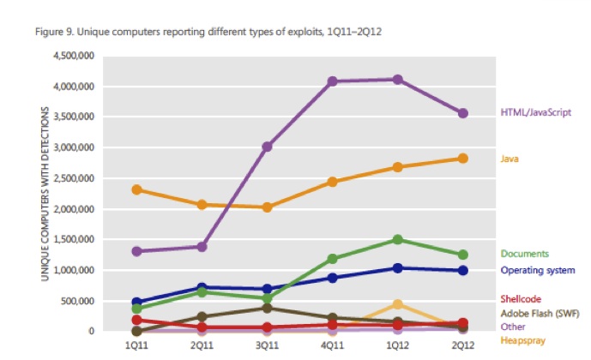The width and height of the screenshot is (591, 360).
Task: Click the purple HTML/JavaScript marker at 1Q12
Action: click(x=397, y=80)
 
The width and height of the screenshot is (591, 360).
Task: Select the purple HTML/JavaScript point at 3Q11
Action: click(x=267, y=147)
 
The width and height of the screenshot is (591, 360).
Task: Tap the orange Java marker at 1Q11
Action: click(x=136, y=189)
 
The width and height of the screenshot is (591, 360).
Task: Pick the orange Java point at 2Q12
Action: click(x=462, y=158)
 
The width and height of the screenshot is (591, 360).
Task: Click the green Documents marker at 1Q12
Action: click(x=397, y=239)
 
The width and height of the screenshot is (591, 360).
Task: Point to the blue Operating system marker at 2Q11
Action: click(x=202, y=288)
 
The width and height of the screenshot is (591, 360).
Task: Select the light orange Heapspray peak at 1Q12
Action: click(x=397, y=304)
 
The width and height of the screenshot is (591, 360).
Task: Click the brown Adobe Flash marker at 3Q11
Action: click(x=267, y=308)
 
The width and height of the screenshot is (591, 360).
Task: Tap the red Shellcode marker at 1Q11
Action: click(x=136, y=320)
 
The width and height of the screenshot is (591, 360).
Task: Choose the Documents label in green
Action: click(x=524, y=254)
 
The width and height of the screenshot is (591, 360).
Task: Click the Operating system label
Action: click(x=536, y=270)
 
